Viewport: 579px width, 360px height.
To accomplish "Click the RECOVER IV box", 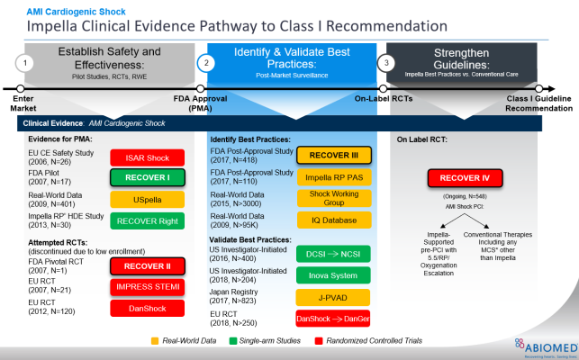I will pos(466,176).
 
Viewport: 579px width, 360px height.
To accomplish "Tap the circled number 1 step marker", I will pos(28,63).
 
